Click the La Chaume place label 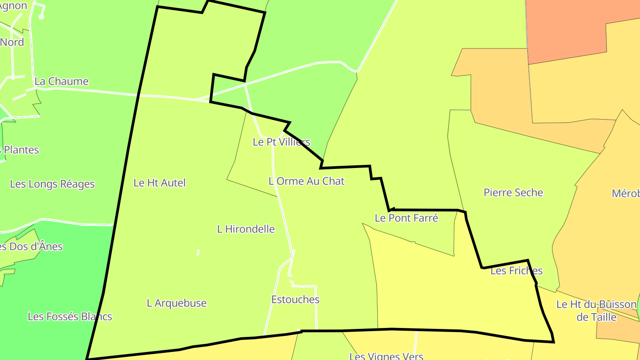[61, 81]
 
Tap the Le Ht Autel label [160, 183]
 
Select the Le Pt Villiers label [281, 142]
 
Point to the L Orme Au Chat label [306, 181]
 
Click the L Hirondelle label [246, 229]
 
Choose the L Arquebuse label [176, 303]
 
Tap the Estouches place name [295, 300]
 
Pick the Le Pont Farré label [406, 218]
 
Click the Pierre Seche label [513, 192]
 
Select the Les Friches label [516, 271]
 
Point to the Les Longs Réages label [52, 184]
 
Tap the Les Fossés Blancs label [70, 316]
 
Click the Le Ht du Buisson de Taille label [596, 311]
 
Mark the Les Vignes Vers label [386, 356]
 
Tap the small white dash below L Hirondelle [198, 252]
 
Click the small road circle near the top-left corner [41, 17]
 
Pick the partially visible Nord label [12, 42]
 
